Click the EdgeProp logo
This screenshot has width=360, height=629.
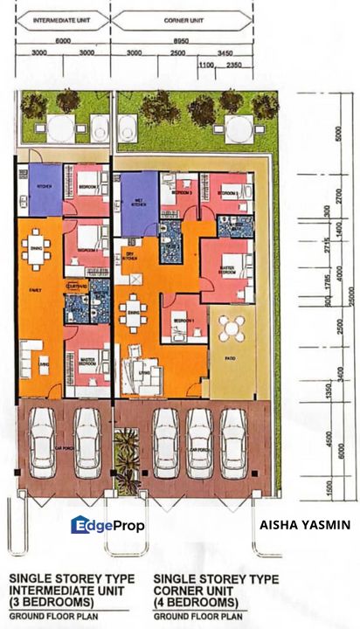pyautogui.click(x=107, y=525)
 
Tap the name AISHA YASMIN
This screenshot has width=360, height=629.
pyautogui.click(x=305, y=525)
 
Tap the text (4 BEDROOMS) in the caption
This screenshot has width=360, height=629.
pyautogui.click(x=196, y=603)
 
